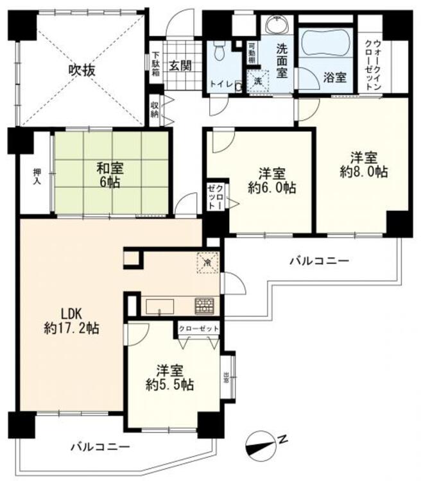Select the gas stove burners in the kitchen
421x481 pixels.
click(x=205, y=306)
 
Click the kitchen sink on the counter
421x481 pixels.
click(x=158, y=307)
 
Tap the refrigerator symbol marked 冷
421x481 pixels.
click(x=207, y=263)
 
